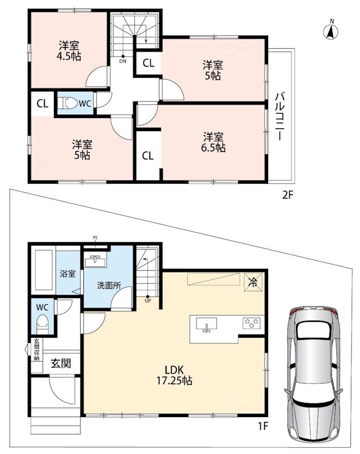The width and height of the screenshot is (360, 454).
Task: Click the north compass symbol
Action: pos(332,30)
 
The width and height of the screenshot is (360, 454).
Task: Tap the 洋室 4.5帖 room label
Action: pos(69,51)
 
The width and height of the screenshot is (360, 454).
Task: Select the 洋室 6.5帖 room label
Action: pos(213,142)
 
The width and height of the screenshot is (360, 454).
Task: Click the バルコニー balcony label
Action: pos(279,116)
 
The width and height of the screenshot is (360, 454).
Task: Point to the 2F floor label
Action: pos(287,195)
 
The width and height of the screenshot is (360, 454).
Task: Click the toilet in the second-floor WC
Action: pos(67,103)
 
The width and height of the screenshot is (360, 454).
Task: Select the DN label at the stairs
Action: pos(123,61)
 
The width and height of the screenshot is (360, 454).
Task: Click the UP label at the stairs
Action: pos(148,301)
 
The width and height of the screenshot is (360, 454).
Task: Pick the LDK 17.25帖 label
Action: pos(175,375)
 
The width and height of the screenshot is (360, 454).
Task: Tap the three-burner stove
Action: pos(252,323)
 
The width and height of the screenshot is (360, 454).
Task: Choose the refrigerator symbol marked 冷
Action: pos(253,282)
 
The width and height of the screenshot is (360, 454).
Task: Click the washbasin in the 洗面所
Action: pos(96,260)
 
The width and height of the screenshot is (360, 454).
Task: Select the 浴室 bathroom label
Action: pos(67,274)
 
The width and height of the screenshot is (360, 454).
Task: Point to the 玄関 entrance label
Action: pos(61,363)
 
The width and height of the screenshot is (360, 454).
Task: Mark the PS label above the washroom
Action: pos(95,238)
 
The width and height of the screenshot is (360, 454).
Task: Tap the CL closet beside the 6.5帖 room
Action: pos(148,156)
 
